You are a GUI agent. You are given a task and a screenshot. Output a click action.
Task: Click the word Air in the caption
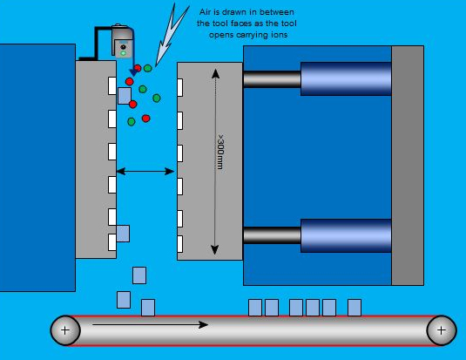[x=206, y=11]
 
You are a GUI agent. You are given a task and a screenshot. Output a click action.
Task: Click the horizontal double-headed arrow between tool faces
[x=146, y=172]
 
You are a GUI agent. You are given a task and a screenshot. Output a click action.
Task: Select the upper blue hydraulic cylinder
[x=346, y=79]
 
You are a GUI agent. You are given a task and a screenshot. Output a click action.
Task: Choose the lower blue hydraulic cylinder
[x=346, y=235]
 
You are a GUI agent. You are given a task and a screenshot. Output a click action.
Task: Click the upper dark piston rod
[x=272, y=79]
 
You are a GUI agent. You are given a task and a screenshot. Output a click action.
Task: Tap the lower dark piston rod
[x=272, y=235]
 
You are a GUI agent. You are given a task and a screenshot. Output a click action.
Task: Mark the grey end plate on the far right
[x=408, y=165]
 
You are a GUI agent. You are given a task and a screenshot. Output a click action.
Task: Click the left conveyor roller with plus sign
[x=65, y=329]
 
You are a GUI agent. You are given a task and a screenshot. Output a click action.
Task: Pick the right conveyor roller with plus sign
[x=442, y=329]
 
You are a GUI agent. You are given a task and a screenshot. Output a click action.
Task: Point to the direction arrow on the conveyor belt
[x=149, y=325]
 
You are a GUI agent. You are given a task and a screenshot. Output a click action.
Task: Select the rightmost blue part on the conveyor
[x=355, y=307]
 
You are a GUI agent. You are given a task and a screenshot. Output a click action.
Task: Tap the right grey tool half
[x=197, y=161]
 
